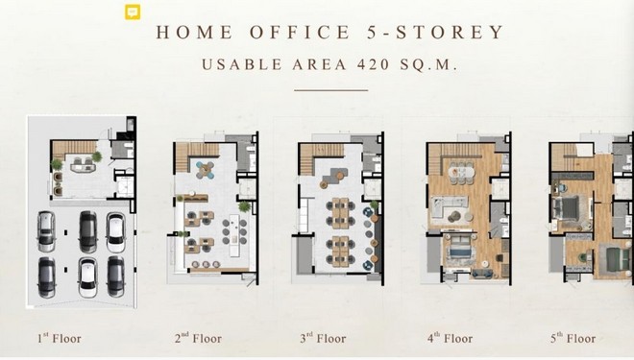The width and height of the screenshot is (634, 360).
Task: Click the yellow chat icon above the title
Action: [x=132, y=12]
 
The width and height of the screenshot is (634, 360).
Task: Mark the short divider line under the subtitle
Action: [x=330, y=90]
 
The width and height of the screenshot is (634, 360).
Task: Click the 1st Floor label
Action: [x=63, y=338]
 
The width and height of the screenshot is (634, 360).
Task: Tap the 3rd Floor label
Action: [x=322, y=338]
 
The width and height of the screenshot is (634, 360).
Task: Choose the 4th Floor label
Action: [x=450, y=338]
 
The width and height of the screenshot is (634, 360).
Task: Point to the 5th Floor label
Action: [x=573, y=338]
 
